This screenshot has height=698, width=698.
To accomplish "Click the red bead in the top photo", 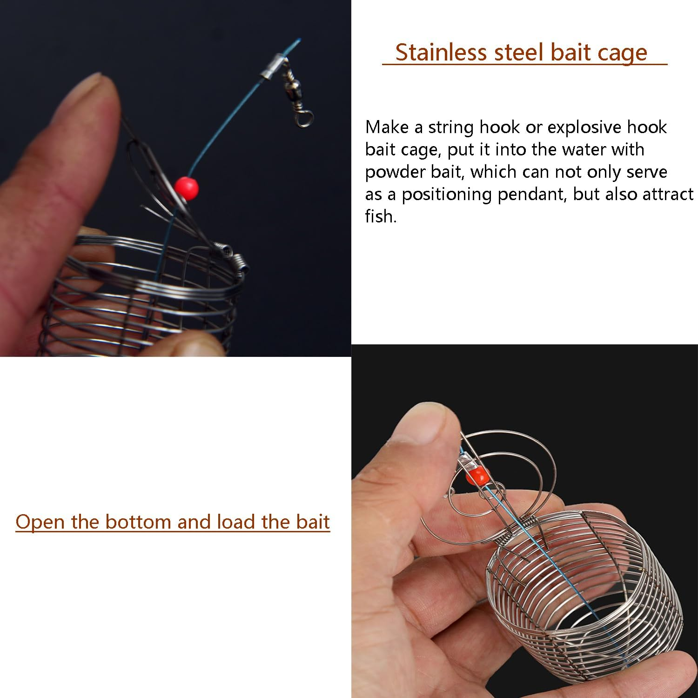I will (187, 188).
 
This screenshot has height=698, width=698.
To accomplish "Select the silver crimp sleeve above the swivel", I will (272, 67).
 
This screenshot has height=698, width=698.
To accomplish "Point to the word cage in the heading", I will (622, 53).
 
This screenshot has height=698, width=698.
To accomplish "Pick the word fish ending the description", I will (380, 216).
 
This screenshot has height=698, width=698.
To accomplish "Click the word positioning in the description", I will (446, 195).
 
